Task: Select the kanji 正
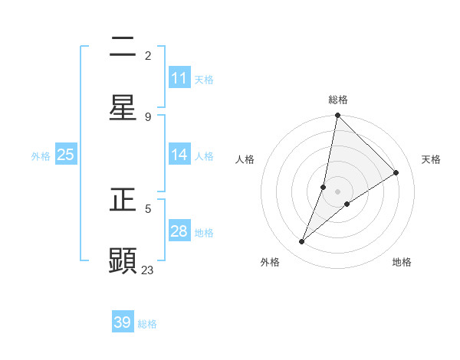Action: tap(123, 201)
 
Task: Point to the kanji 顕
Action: tap(123, 260)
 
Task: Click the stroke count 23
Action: tap(148, 270)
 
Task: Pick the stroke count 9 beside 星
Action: tap(148, 116)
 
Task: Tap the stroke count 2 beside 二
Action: tap(148, 55)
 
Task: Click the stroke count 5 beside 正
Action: tap(148, 208)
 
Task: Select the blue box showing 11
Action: tap(179, 78)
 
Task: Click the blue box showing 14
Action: tap(179, 155)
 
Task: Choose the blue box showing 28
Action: tap(179, 231)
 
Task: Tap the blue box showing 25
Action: tap(66, 155)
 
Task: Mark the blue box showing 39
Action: tap(123, 322)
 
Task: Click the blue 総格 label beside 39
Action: tap(147, 324)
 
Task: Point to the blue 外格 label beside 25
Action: tap(41, 155)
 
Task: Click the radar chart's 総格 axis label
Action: tap(338, 100)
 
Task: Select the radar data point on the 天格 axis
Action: tap(396, 173)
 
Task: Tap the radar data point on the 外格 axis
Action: tap(302, 242)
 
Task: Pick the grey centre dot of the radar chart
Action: tap(338, 191)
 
